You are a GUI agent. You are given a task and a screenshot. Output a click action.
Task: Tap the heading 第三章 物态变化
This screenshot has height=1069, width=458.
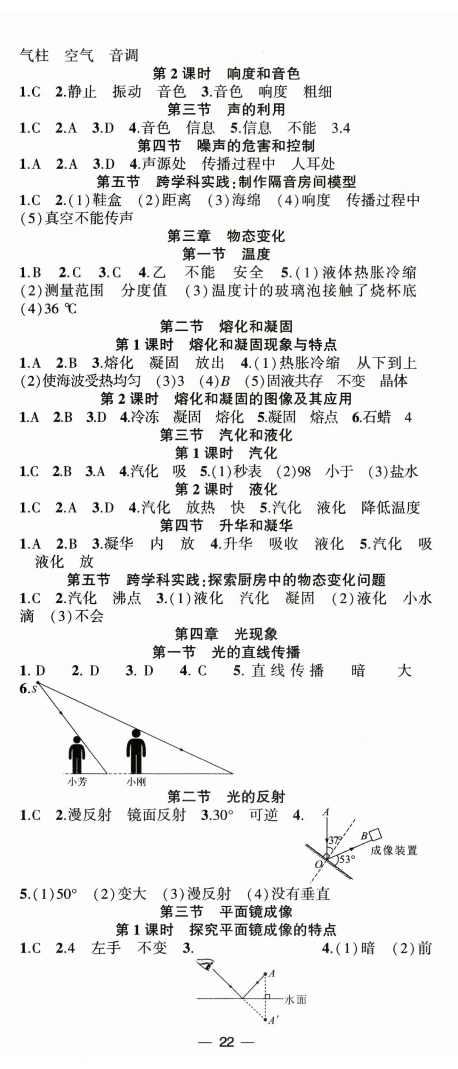click(226, 236)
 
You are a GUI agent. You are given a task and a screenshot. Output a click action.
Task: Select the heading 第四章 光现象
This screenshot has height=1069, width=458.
click(226, 634)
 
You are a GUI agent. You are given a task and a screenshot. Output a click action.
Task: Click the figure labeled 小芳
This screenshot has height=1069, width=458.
click(77, 754)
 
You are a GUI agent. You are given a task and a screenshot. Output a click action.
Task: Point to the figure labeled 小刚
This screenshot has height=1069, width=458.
click(136, 751)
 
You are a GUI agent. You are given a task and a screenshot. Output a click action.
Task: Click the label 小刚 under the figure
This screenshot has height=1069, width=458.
click(136, 782)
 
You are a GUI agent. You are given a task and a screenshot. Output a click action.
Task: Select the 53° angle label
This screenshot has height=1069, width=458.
click(347, 859)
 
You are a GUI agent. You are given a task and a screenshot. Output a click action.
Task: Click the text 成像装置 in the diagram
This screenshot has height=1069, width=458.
click(394, 850)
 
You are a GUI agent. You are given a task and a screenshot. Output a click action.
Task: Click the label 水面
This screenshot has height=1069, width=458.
click(296, 1000)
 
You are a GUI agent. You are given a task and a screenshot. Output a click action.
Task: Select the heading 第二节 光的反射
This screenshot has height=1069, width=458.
click(226, 797)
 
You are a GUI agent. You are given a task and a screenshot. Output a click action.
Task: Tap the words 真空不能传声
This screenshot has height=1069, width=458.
click(89, 218)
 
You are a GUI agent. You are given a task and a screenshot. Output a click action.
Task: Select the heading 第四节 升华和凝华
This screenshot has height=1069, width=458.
click(226, 526)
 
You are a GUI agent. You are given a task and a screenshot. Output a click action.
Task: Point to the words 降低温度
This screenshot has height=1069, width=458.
click(390, 507)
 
